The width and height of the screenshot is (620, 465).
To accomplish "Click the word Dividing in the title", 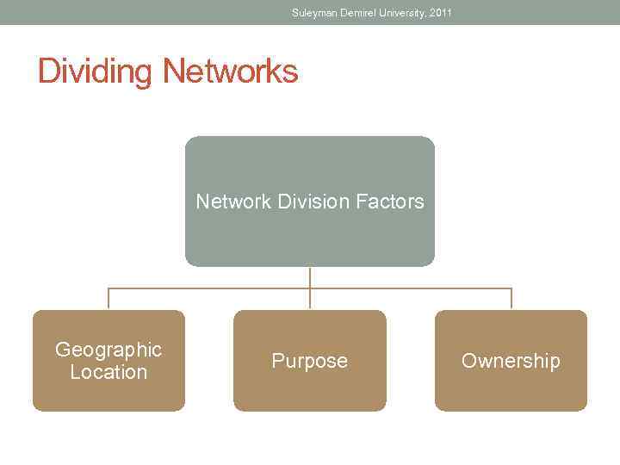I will pos(96,71).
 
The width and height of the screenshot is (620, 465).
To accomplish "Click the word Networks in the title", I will pos(230,71).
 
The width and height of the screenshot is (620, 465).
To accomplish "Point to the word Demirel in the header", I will pos(357,13).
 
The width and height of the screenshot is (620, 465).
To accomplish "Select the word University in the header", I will pos(403,13).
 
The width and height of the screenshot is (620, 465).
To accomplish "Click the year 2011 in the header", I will pos(440,13).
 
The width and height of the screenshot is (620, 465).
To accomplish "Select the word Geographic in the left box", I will pos(108,350).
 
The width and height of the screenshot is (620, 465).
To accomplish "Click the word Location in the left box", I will pos(108,372).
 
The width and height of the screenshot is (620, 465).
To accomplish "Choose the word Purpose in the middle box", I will pos(310,361).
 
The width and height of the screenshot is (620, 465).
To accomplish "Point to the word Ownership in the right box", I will pos(511,361).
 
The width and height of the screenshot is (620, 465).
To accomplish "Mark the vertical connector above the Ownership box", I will pos(512,299).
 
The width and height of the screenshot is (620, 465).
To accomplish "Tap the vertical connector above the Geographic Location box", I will pos(108,299).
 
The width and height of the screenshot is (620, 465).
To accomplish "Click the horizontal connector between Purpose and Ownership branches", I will pos(411,288).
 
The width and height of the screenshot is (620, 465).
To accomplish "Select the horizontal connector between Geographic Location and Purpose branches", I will pos(209,288).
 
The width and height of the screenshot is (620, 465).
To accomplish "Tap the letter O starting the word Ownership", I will pos(469,361).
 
